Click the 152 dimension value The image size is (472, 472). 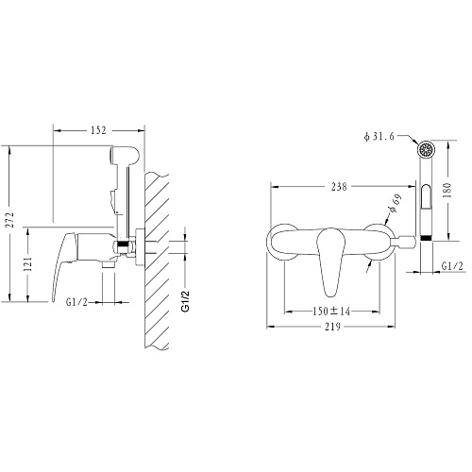click(x=98, y=130)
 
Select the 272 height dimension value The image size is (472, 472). click(x=10, y=220)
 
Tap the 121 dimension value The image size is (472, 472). click(x=28, y=263)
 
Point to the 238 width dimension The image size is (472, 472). click(x=339, y=187)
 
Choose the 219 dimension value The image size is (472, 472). click(x=333, y=327)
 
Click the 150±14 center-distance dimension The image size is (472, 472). click(x=331, y=312)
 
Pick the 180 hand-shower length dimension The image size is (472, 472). click(x=447, y=190)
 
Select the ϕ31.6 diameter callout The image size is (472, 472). click(x=379, y=137)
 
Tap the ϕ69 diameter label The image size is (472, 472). click(x=395, y=203)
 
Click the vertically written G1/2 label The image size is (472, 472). click(x=186, y=301)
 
